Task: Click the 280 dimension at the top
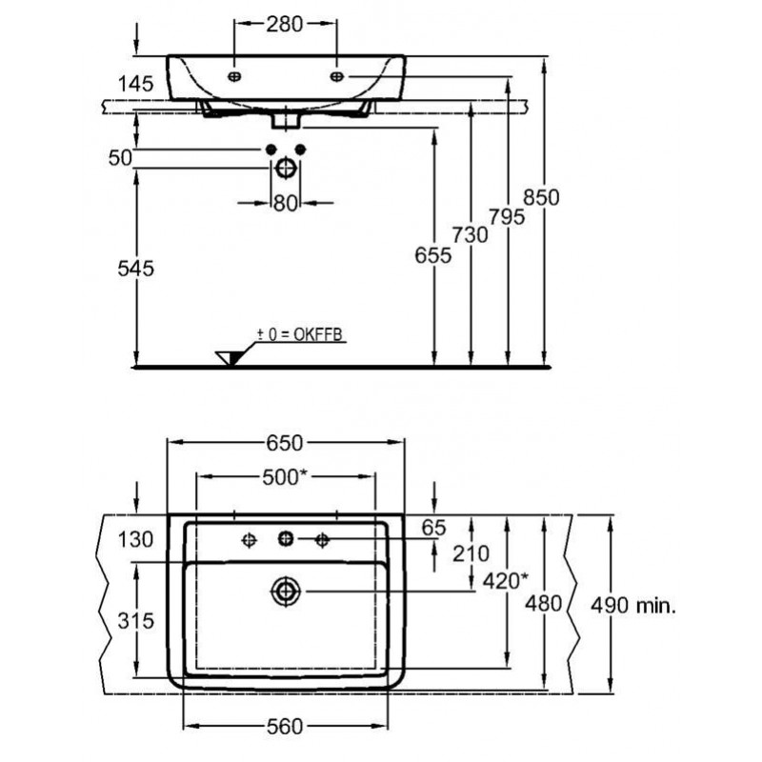click(x=284, y=25)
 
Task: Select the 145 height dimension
click(x=135, y=84)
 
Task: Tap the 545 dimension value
click(x=135, y=269)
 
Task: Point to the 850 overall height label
click(x=541, y=197)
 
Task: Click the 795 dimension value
click(x=507, y=217)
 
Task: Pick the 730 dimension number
click(x=470, y=235)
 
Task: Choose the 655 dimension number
click(x=433, y=255)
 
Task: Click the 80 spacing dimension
click(x=285, y=204)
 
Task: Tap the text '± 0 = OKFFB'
click(x=299, y=334)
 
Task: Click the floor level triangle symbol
click(x=229, y=358)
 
